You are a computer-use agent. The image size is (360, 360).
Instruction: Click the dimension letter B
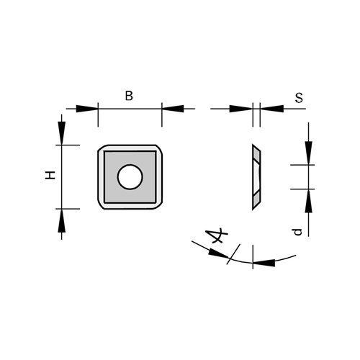point(129,96)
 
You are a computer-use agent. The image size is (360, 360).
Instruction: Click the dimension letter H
point(50,175)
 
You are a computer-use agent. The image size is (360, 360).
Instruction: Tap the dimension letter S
point(299,98)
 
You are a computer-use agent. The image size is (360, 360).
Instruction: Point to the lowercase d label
point(298,232)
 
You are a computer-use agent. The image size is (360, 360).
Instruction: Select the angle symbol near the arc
point(216,236)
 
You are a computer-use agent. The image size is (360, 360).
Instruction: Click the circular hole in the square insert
point(130,177)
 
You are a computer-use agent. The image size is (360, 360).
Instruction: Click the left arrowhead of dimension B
point(87,109)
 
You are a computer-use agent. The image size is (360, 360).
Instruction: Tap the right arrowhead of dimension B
point(173,109)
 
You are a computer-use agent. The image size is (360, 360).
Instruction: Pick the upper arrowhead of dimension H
point(62,133)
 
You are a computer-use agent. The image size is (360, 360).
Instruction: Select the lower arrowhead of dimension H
point(62,220)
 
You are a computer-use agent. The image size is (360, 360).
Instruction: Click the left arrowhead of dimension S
point(241,109)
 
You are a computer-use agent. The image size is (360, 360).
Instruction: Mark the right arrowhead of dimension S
point(272,109)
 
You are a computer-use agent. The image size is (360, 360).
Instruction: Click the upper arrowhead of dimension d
point(309,153)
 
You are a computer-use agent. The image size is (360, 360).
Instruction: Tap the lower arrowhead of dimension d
point(309,201)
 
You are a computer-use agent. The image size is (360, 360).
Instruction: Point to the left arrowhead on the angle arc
point(219,253)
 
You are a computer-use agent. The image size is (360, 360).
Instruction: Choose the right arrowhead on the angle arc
point(264,263)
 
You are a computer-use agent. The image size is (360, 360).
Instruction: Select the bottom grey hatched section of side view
point(256,199)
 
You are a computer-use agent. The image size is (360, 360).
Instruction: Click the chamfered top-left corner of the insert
point(102,148)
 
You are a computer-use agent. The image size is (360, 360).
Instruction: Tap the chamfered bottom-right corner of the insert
point(158,206)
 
